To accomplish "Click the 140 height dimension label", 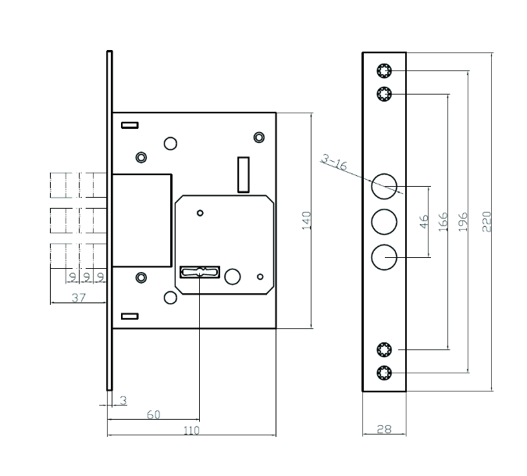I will pyautogui.click(x=307, y=220).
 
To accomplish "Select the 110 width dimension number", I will pyautogui.click(x=191, y=431).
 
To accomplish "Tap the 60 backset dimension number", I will pyautogui.click(x=154, y=415).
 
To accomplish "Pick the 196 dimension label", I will pyautogui.click(x=464, y=221).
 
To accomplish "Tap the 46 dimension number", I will pyautogui.click(x=425, y=222).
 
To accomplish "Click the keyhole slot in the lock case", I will pyautogui.click(x=201, y=272).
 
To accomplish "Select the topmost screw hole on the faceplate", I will pyautogui.click(x=383, y=71).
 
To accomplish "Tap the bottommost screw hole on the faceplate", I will pyautogui.click(x=383, y=372).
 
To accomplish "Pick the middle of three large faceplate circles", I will pyautogui.click(x=383, y=222).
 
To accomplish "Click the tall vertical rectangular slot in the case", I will pyautogui.click(x=243, y=174).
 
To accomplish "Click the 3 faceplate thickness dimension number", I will pyautogui.click(x=123, y=400).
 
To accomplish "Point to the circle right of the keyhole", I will pyautogui.click(x=233, y=276).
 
